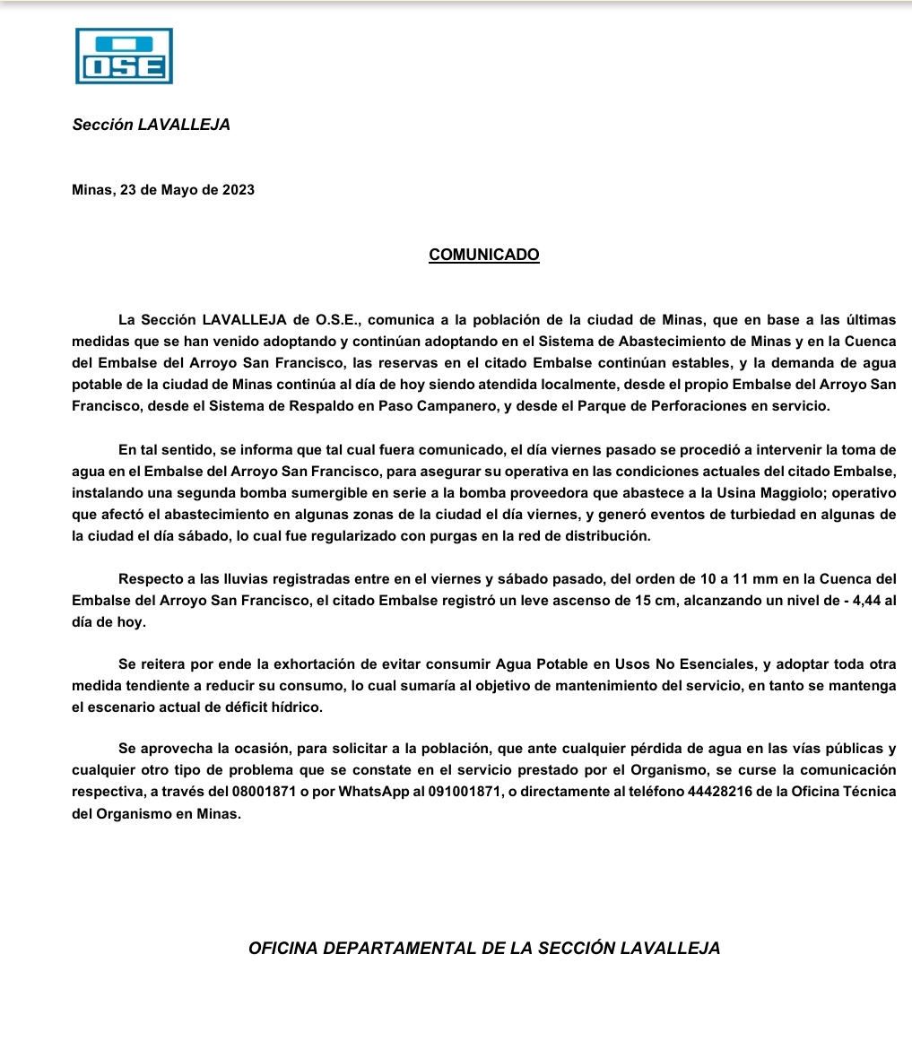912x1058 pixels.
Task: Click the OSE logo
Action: click(x=124, y=56)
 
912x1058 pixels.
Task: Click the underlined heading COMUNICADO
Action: click(x=484, y=255)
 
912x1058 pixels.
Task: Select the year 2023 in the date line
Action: click(x=238, y=190)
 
